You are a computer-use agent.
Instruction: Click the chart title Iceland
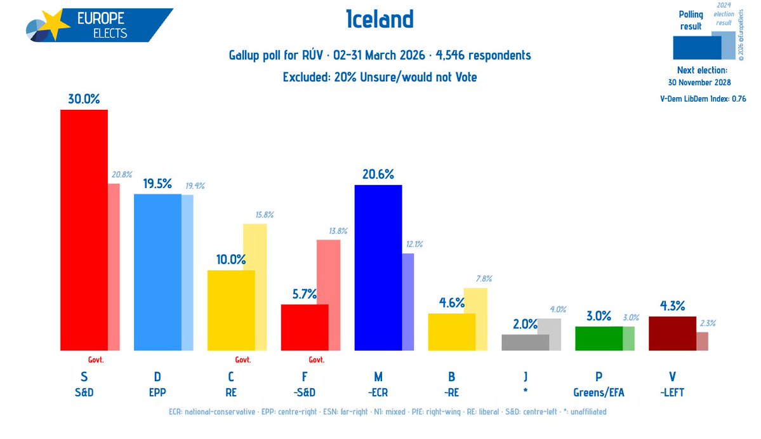tap(380, 20)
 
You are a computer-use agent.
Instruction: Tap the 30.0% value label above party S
tap(84, 99)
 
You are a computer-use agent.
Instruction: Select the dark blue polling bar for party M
tap(378, 267)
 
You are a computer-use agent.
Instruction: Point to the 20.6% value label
tap(378, 174)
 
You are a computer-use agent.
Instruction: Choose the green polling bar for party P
tap(598, 338)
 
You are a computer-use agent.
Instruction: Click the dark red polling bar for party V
tap(672, 334)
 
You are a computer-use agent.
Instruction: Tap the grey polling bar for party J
tap(525, 342)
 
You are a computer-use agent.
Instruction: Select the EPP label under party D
tap(157, 392)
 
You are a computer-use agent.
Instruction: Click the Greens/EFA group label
tap(599, 392)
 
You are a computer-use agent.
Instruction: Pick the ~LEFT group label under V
tap(672, 392)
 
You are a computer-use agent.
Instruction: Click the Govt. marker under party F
tap(316, 360)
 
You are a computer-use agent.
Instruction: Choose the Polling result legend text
tap(691, 20)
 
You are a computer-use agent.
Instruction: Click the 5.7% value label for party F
tap(304, 294)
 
